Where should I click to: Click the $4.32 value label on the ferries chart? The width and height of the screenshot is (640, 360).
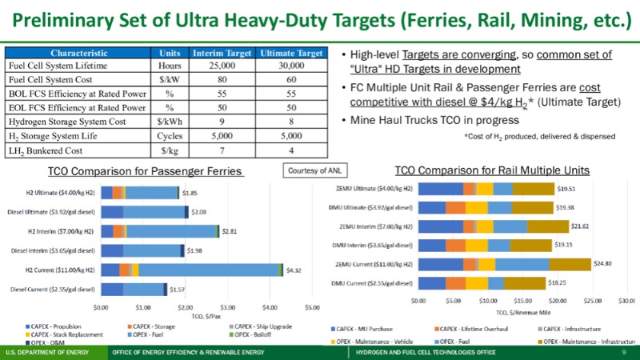pos(294,270)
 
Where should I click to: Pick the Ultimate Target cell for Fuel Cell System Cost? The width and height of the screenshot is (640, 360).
pos(292,79)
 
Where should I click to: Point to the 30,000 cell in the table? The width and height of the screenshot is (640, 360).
pos(292,66)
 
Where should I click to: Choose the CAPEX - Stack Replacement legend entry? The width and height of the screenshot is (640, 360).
pos(62,335)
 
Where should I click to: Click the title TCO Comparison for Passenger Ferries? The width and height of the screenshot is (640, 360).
pos(145,172)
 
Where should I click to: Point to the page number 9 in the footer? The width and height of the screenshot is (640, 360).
pos(622,352)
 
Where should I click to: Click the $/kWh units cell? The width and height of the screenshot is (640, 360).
pos(169,121)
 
